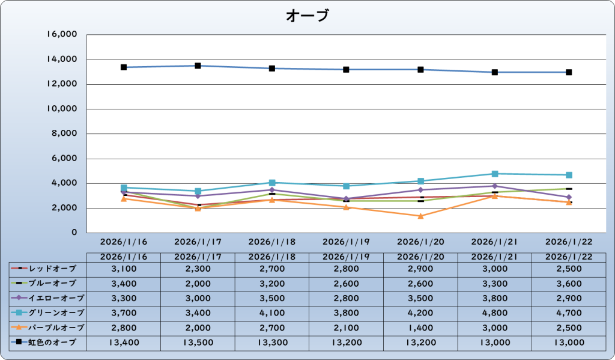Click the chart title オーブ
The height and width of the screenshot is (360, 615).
pyautogui.click(x=307, y=16)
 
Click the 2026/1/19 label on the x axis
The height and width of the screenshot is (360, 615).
pyautogui.click(x=346, y=242)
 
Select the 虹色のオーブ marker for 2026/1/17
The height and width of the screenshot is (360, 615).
pyautogui.click(x=198, y=66)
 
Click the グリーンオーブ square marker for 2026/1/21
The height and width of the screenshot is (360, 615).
pyautogui.click(x=495, y=174)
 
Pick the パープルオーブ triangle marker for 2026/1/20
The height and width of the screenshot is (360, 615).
pyautogui.click(x=420, y=216)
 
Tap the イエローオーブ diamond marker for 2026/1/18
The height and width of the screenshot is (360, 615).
pyautogui.click(x=272, y=190)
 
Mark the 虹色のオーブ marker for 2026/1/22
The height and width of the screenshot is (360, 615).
pyautogui.click(x=569, y=72)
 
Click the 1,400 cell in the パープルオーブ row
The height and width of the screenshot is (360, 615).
pyautogui.click(x=420, y=328)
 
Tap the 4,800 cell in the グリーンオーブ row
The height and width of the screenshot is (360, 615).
pyautogui.click(x=495, y=313)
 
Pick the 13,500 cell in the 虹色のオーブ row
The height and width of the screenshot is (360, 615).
pyautogui.click(x=198, y=343)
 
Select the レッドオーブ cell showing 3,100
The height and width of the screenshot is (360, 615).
pyautogui.click(x=124, y=268)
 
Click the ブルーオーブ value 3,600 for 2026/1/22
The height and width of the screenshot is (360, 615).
pyautogui.click(x=569, y=283)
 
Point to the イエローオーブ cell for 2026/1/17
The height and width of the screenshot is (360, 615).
pyautogui.click(x=198, y=298)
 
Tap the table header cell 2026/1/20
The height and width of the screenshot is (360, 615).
pyautogui.click(x=420, y=257)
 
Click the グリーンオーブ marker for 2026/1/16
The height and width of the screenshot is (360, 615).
pyautogui.click(x=124, y=188)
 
